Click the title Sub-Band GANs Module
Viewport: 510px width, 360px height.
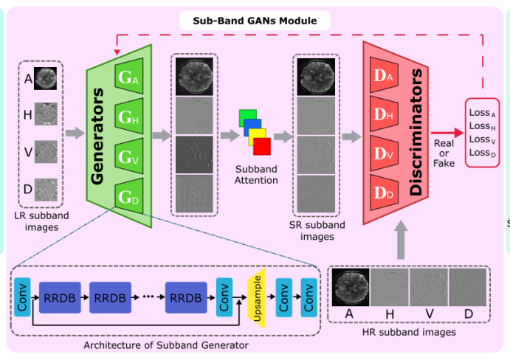click(x=255, y=21)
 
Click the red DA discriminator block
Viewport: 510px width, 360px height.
click(x=385, y=75)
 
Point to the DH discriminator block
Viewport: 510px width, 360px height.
click(x=385, y=113)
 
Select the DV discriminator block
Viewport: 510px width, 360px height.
click(x=385, y=152)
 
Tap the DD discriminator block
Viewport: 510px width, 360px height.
click(x=385, y=191)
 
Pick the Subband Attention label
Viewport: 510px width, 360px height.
click(x=255, y=175)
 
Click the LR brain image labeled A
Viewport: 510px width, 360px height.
click(x=46, y=77)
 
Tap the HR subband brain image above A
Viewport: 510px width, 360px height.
click(x=351, y=286)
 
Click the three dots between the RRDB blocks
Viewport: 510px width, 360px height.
click(x=148, y=296)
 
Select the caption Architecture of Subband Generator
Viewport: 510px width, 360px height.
click(x=166, y=345)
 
